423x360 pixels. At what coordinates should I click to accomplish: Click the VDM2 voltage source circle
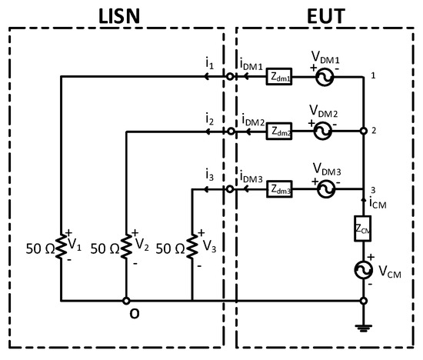click(x=321, y=132)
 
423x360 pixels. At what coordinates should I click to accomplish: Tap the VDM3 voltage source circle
click(x=321, y=188)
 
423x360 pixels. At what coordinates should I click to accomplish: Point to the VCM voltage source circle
click(x=363, y=272)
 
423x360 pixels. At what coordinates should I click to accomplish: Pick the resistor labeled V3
click(x=191, y=248)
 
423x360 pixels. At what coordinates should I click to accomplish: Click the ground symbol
click(x=363, y=326)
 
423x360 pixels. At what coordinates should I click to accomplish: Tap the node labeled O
click(x=126, y=301)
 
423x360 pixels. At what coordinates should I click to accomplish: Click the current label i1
click(x=209, y=65)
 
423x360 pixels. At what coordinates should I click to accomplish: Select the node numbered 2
click(x=363, y=132)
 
